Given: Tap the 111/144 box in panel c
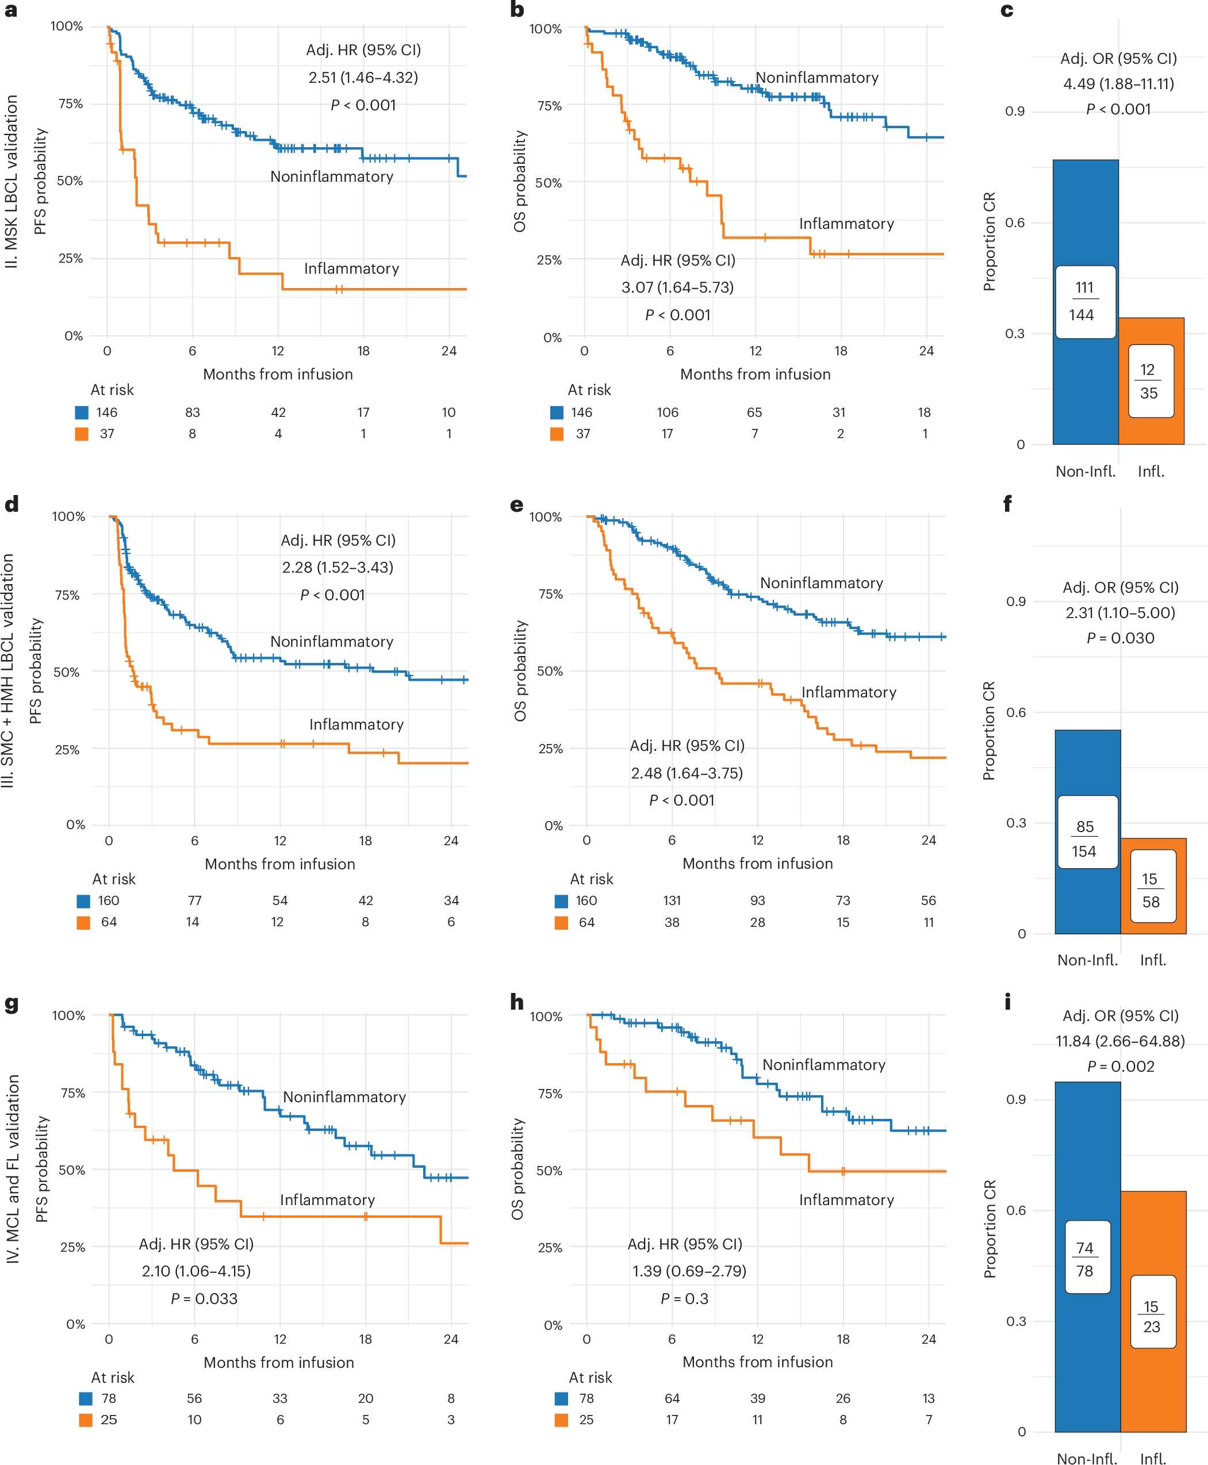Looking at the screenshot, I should pyautogui.click(x=1085, y=301).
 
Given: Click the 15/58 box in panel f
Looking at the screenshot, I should pyautogui.click(x=1151, y=890).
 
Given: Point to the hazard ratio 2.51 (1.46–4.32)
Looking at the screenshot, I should pyautogui.click(x=363, y=77).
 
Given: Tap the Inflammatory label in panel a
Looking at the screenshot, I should pyautogui.click(x=351, y=269).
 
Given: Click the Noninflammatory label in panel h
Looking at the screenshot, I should pyautogui.click(x=823, y=1064).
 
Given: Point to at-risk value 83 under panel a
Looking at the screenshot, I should pyautogui.click(x=193, y=412).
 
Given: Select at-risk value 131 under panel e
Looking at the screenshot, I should pyautogui.click(x=672, y=900).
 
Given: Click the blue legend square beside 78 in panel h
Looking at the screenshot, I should pyautogui.click(x=561, y=1398).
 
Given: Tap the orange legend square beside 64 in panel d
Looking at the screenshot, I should pyautogui.click(x=83, y=923).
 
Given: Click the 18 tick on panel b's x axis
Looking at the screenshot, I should pyautogui.click(x=841, y=351).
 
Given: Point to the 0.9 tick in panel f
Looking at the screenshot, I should pyautogui.click(x=1015, y=601).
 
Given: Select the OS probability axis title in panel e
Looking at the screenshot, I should pyautogui.click(x=519, y=670).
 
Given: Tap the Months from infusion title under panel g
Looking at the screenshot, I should pyautogui.click(x=278, y=1362).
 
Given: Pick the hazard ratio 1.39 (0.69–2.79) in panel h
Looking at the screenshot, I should pyautogui.click(x=688, y=1271).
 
